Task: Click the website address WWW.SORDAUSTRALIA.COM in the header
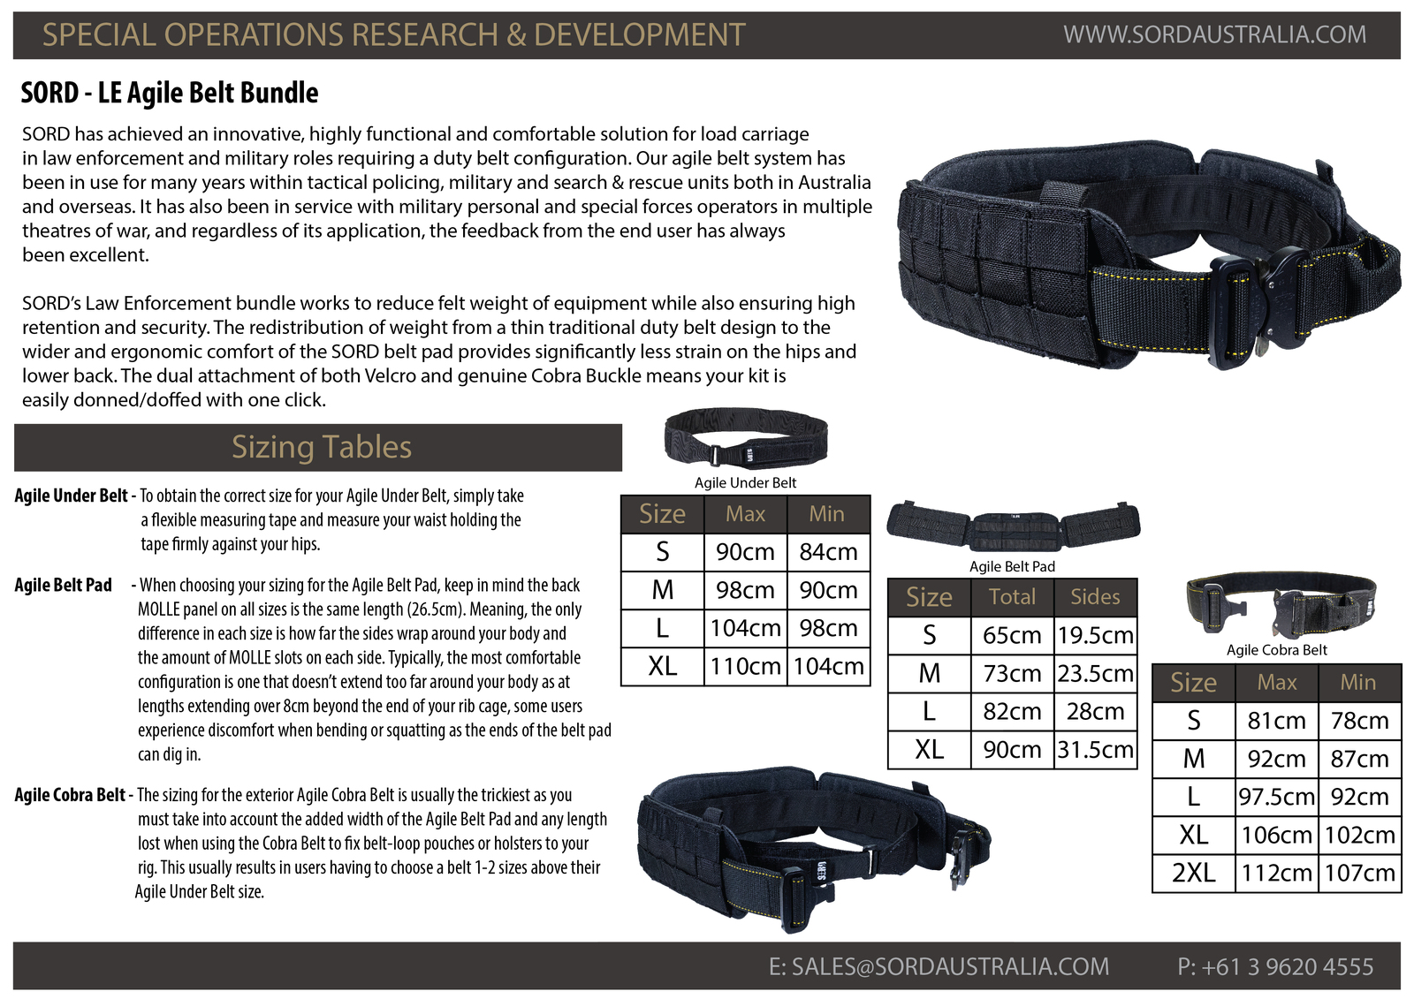pos(1214,34)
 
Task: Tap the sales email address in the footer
pos(939,966)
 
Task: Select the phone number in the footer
pos(1275,966)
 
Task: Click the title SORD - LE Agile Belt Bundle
pos(170,93)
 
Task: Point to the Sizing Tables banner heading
pos(322,447)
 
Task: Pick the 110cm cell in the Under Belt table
pos(746,666)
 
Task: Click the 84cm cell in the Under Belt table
pos(828,551)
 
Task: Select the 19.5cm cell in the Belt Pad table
pos(1095,635)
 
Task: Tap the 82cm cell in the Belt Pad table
pos(1012,711)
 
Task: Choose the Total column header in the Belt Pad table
pos(1012,596)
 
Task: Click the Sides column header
pos(1095,596)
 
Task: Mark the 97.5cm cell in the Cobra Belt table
pos(1276,797)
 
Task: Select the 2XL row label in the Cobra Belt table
pos(1194,873)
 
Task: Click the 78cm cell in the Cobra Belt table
pos(1360,720)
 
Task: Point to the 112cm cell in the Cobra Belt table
pos(1276,873)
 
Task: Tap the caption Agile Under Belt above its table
pos(746,483)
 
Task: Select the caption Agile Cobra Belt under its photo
pos(1276,650)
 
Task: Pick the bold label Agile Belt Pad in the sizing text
pos(63,585)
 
